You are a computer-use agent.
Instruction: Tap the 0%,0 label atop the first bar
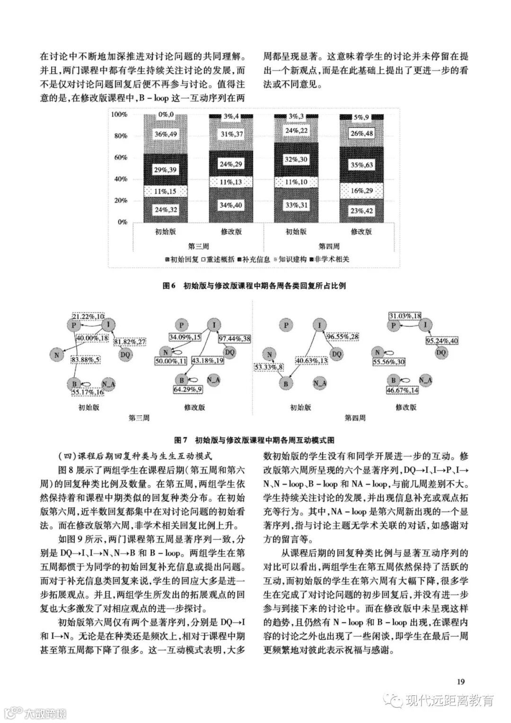(166, 115)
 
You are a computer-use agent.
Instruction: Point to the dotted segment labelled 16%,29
(361, 190)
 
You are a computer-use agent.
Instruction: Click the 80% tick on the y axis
(119, 136)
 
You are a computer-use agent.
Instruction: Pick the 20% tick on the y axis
(119, 200)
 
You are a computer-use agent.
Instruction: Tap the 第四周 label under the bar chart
(329, 246)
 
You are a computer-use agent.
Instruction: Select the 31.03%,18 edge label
(405, 316)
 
